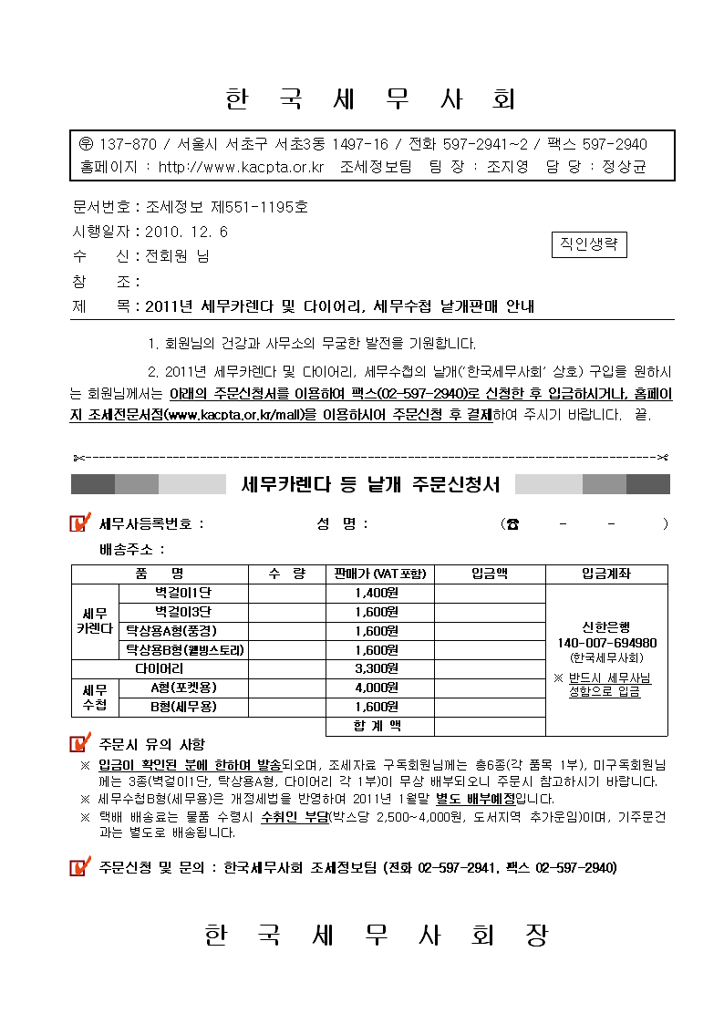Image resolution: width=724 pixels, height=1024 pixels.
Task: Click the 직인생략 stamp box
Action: click(x=590, y=244)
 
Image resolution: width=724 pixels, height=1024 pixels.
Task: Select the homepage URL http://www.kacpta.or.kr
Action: click(x=242, y=167)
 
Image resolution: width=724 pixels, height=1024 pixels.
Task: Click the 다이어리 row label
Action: click(x=160, y=668)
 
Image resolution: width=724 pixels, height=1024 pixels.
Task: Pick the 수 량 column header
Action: click(x=286, y=574)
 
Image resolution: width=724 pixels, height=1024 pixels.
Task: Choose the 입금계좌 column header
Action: click(x=605, y=574)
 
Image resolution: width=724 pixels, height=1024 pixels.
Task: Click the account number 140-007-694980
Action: click(x=606, y=643)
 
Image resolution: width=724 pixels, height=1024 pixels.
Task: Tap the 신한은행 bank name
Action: click(x=606, y=627)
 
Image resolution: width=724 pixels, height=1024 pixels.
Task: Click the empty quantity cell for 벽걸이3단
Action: click(x=286, y=612)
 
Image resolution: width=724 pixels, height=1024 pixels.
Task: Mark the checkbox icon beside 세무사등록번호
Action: click(x=81, y=523)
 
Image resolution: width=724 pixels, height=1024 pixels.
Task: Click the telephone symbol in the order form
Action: click(x=513, y=523)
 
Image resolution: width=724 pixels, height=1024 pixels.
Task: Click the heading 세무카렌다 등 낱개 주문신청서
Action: click(x=370, y=484)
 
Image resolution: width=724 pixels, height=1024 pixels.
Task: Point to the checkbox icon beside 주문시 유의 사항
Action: click(x=81, y=744)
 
